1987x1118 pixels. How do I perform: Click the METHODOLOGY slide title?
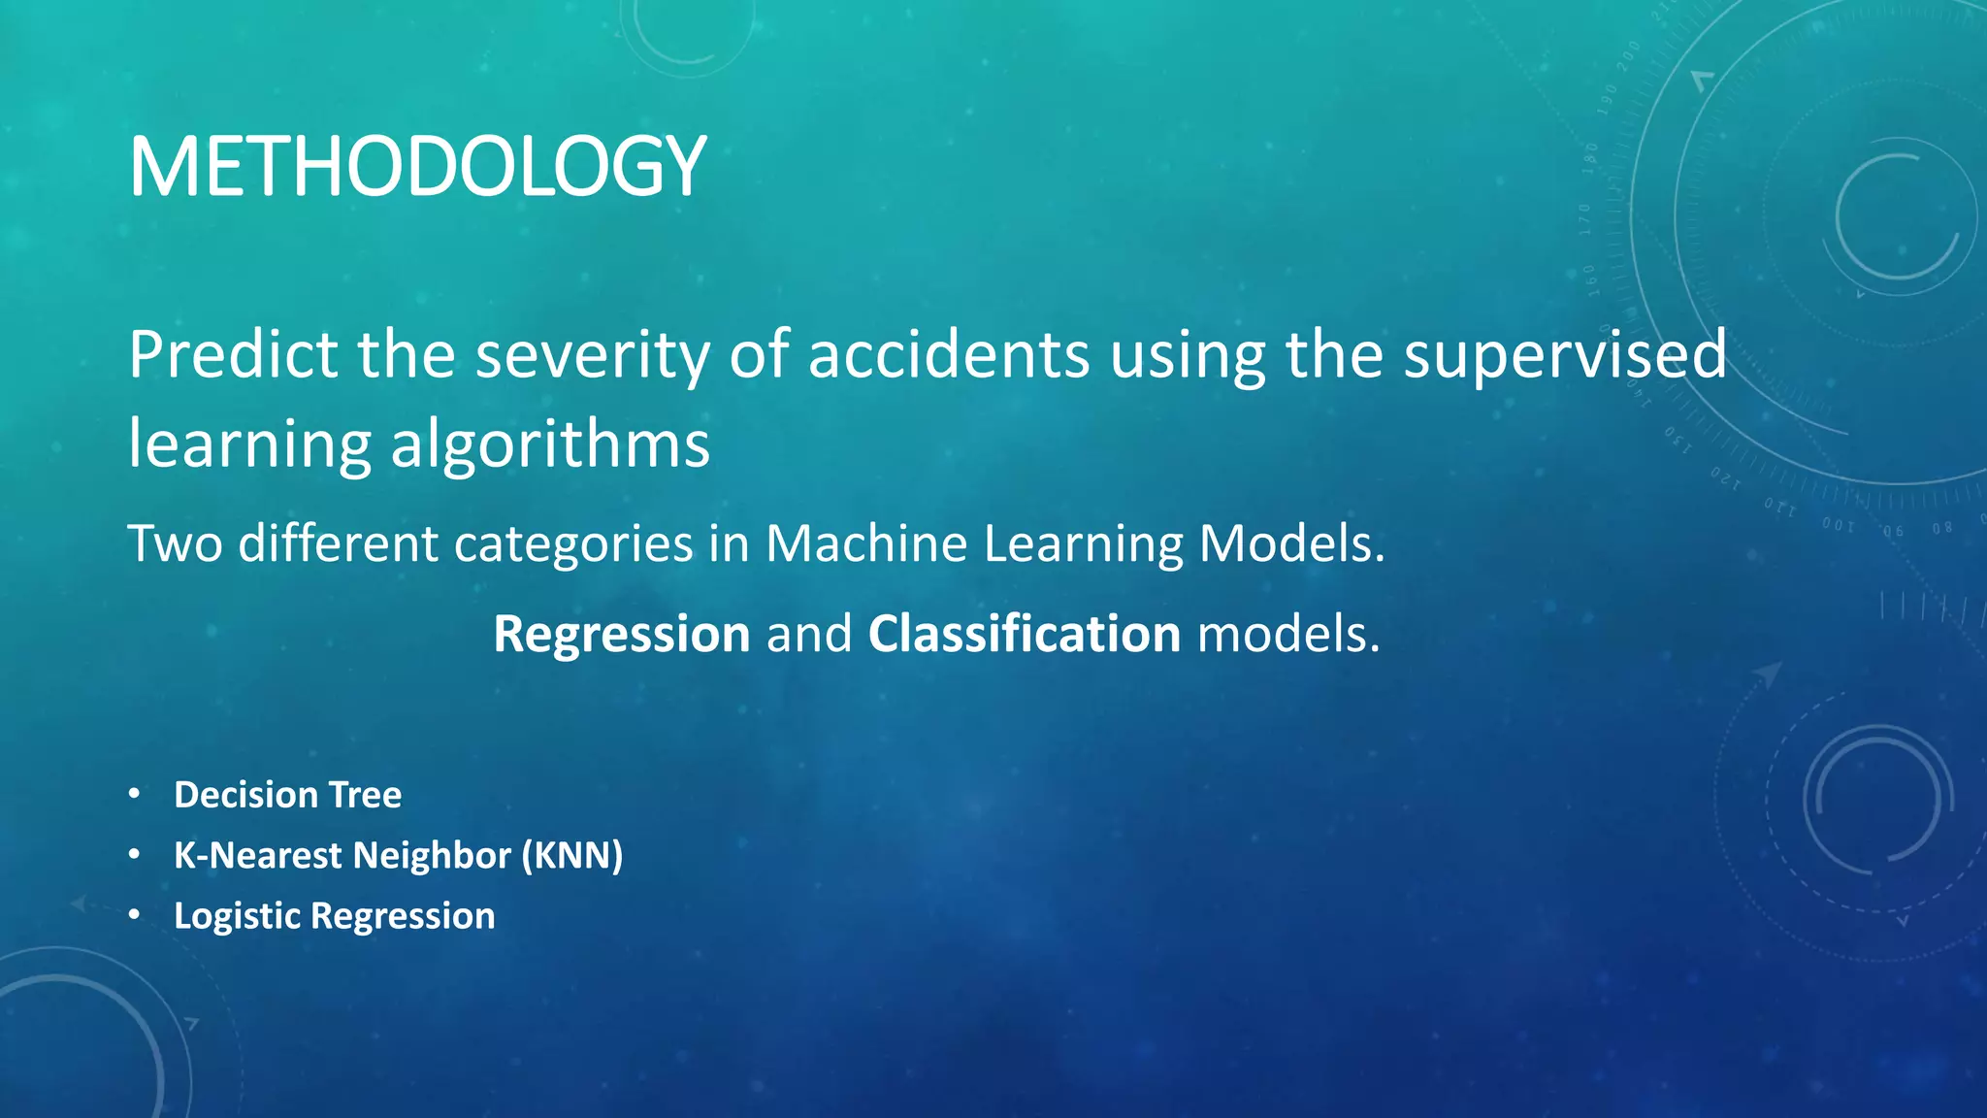[417, 167]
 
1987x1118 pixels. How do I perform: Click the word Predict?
[233, 354]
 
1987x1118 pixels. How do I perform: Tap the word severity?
[593, 356]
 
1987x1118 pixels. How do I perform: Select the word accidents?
[949, 354]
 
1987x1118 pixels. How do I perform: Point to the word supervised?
[1565, 356]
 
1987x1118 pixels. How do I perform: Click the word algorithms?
[550, 444]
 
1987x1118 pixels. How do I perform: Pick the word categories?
[573, 544]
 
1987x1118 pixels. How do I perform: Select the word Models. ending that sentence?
[1292, 543]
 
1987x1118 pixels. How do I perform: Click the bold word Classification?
[1025, 634]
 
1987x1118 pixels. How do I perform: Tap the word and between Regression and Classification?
[809, 634]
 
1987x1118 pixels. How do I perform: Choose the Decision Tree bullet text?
[287, 795]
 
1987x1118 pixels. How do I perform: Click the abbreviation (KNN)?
[572, 855]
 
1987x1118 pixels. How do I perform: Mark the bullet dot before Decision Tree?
[135, 795]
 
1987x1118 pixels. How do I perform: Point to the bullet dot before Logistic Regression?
[135, 915]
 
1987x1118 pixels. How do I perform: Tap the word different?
[338, 543]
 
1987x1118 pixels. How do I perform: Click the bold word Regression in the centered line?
[622, 635]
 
